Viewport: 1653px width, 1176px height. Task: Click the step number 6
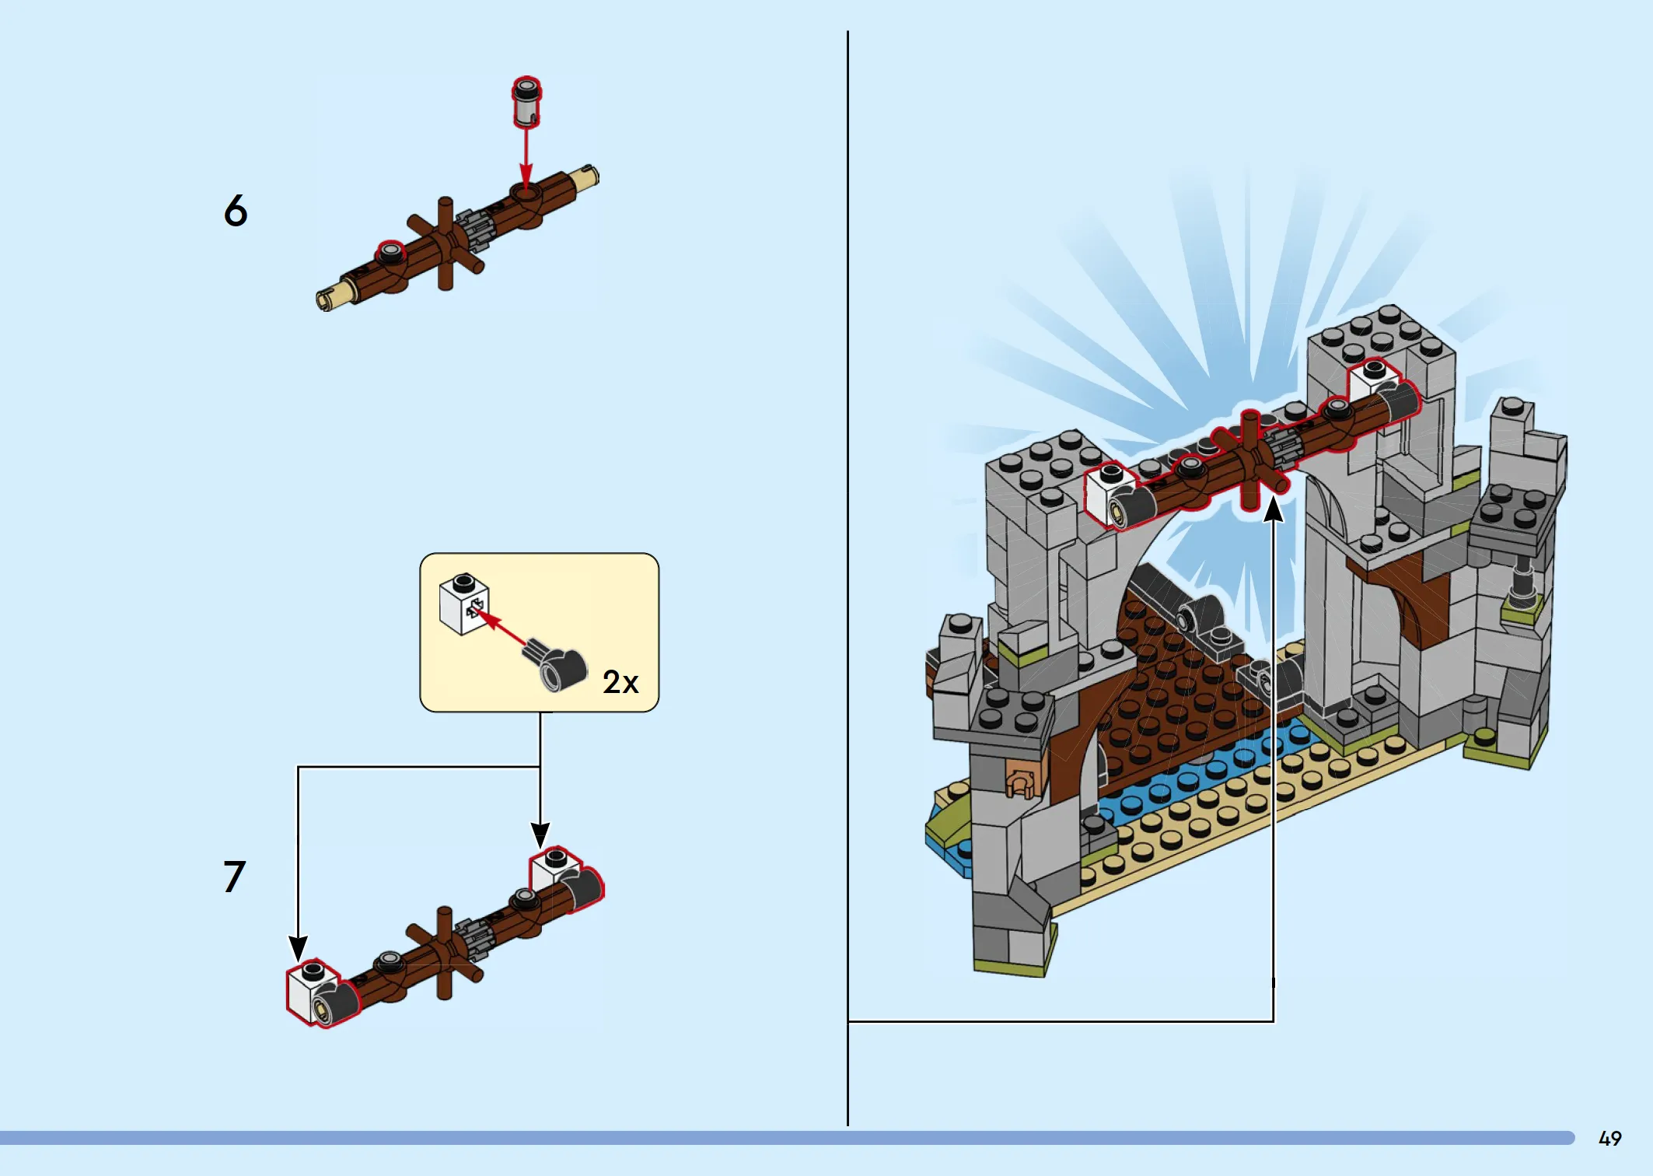coord(236,211)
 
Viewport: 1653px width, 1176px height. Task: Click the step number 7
coord(234,877)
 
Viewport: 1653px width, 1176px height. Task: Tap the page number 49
coord(1609,1139)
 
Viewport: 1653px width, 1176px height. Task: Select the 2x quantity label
coord(620,682)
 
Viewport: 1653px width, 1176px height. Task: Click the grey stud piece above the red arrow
coord(526,102)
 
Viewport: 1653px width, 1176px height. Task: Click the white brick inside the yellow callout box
coord(463,604)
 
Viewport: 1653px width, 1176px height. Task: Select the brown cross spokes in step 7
coord(444,952)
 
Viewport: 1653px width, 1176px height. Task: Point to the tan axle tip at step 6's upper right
coord(585,177)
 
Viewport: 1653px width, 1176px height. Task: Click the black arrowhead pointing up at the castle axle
coord(1273,509)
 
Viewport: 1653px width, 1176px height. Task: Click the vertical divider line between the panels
coord(847,576)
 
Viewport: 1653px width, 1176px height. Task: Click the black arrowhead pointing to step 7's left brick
coord(298,949)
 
